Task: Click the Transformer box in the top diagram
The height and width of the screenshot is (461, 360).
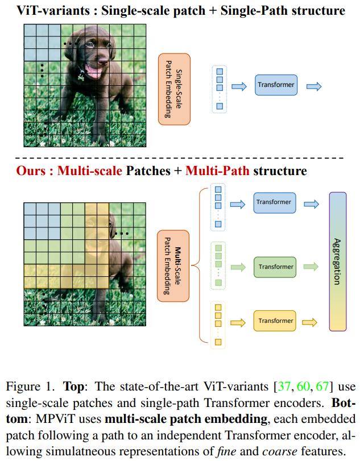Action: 276,86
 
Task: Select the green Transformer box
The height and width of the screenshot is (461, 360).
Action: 276,267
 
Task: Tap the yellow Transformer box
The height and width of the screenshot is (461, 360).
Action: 275,321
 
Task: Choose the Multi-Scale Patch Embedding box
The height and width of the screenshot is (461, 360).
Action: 172,263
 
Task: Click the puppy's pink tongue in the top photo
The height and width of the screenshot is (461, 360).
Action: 92,72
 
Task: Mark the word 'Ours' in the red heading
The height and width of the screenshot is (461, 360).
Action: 31,171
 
